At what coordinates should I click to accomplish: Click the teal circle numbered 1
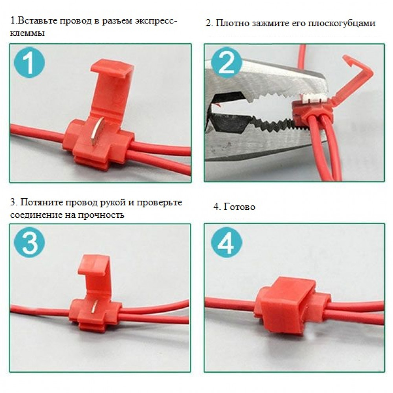(29, 62)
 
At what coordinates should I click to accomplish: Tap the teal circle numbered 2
(227, 62)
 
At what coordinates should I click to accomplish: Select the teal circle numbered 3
(29, 242)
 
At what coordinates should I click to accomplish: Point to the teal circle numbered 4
(227, 242)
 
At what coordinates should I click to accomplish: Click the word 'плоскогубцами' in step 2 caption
(342, 23)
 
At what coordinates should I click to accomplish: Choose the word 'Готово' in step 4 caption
(239, 207)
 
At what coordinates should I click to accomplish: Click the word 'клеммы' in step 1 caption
(28, 33)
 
